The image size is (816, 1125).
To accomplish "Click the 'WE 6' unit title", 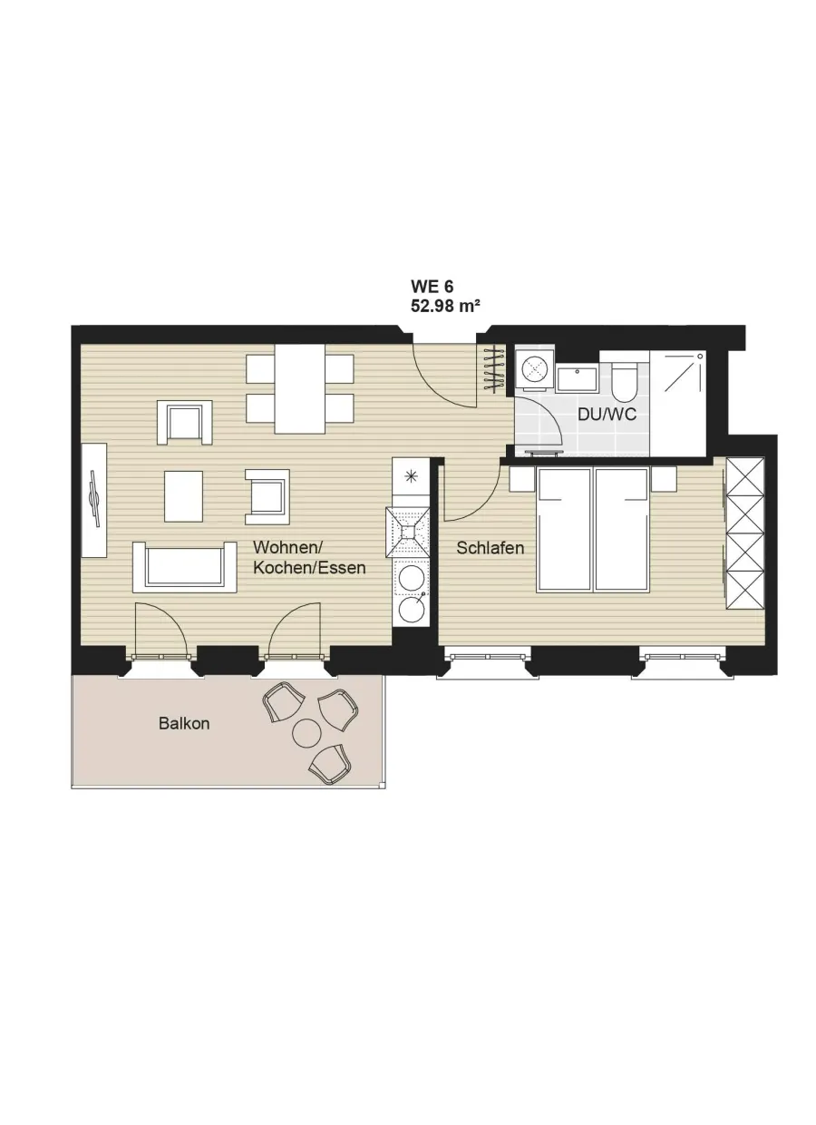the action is coord(432,287).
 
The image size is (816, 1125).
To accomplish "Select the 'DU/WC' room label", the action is coord(607,415).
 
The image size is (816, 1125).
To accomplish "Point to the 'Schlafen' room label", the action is coord(490,548).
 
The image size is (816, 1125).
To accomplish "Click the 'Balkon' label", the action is coord(184,723).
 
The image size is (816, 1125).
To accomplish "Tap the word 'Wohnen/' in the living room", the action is coord(288,546).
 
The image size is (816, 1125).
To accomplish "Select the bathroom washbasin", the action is coord(577,378).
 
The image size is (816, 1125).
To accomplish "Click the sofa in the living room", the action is coord(185,567).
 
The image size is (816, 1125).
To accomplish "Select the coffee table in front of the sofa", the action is coord(184,496).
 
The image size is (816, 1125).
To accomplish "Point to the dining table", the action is coord(299,388).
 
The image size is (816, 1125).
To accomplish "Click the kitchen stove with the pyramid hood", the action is coord(407,532).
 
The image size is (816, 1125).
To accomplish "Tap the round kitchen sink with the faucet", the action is coord(411,608).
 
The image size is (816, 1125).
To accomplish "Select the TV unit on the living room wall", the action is coord(94,500).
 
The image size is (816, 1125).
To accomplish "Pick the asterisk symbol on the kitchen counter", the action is coord(411,476).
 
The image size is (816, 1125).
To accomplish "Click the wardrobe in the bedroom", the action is coord(745,533).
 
